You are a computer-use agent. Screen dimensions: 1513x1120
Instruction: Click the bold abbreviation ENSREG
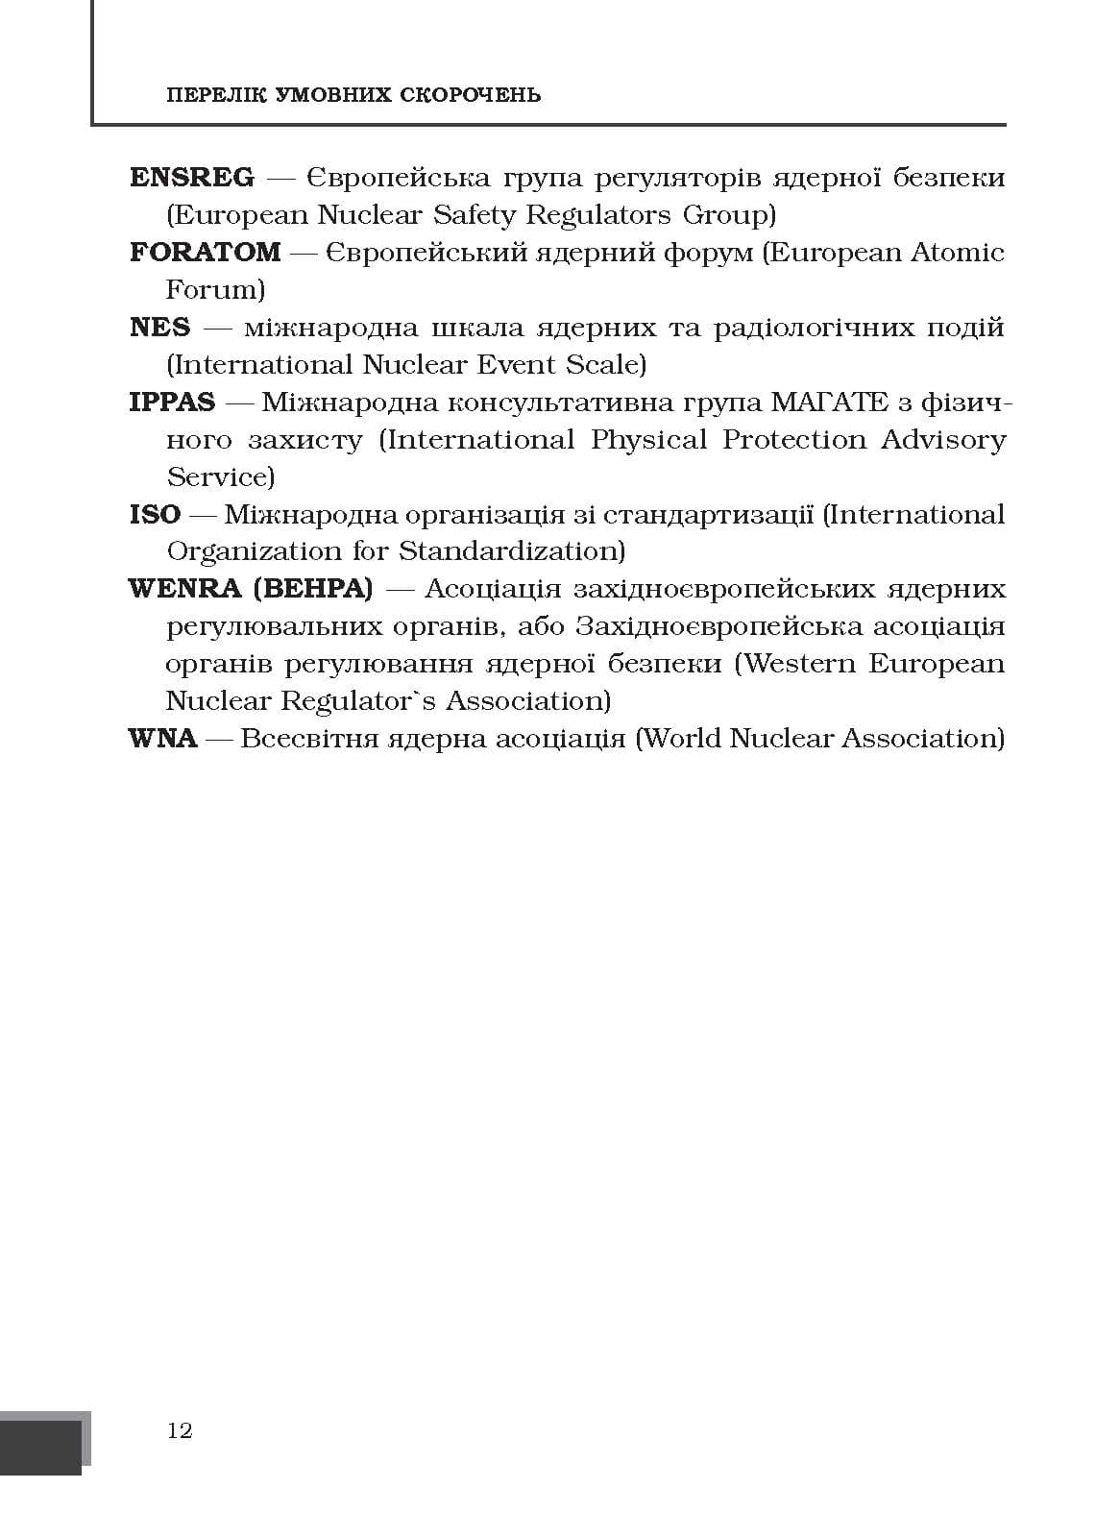(x=192, y=178)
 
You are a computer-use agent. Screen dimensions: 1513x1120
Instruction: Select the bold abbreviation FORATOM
(x=205, y=253)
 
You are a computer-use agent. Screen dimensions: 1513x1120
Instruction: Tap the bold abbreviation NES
(x=159, y=328)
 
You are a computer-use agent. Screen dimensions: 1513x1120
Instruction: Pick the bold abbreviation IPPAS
(x=172, y=403)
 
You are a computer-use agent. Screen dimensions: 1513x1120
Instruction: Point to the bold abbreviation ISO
(x=155, y=515)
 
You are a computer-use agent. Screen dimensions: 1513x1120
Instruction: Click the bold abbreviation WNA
(x=162, y=739)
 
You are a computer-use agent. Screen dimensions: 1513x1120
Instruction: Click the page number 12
(x=180, y=1430)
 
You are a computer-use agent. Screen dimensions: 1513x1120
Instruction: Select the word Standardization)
(x=512, y=552)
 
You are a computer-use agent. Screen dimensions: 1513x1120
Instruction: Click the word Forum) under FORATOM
(x=215, y=290)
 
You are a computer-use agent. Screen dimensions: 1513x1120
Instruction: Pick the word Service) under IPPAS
(x=220, y=477)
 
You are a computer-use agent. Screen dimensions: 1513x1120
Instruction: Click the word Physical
(x=648, y=440)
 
